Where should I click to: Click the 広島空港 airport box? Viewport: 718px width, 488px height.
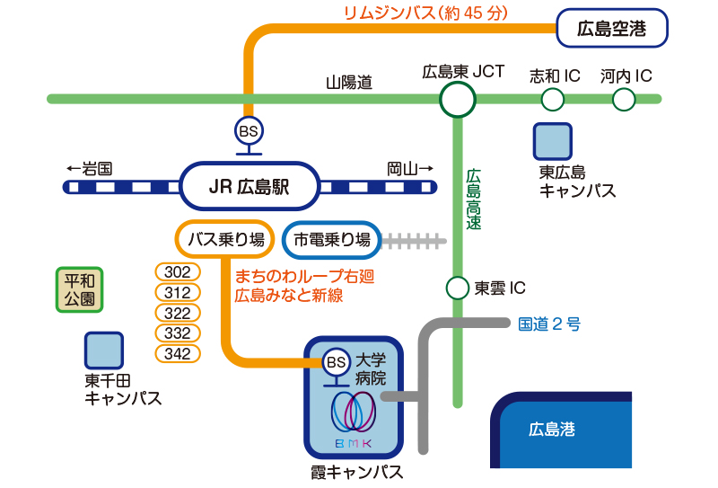tap(612, 28)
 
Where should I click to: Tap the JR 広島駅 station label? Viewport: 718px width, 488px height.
tap(250, 187)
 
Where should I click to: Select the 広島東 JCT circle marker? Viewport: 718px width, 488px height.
tap(457, 99)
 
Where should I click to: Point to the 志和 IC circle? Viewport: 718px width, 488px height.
tap(553, 99)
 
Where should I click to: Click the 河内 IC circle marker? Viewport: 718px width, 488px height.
tap(624, 99)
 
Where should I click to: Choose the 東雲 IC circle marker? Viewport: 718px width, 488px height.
tap(458, 288)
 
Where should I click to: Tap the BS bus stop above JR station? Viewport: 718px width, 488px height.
tap(249, 131)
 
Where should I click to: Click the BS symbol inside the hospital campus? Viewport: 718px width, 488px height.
tap(336, 362)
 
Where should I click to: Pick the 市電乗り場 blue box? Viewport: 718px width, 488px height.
tap(332, 239)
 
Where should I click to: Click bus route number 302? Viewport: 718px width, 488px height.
tap(178, 272)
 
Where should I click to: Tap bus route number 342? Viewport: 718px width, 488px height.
tap(178, 354)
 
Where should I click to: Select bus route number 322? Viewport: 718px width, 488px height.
tap(178, 313)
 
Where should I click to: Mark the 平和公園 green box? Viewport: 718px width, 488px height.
tap(80, 289)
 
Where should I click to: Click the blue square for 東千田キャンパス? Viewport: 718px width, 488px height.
tap(104, 350)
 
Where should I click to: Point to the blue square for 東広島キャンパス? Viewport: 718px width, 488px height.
tap(553, 142)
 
